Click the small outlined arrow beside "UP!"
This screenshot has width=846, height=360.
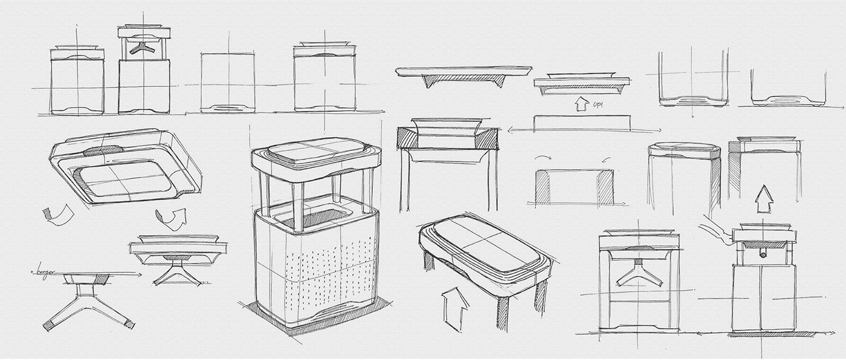581,104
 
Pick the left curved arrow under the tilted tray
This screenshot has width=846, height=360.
59,215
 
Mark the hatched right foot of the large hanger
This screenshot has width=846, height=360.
128,324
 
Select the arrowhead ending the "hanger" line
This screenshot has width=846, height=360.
138,275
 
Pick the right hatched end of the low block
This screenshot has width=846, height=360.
605,187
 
